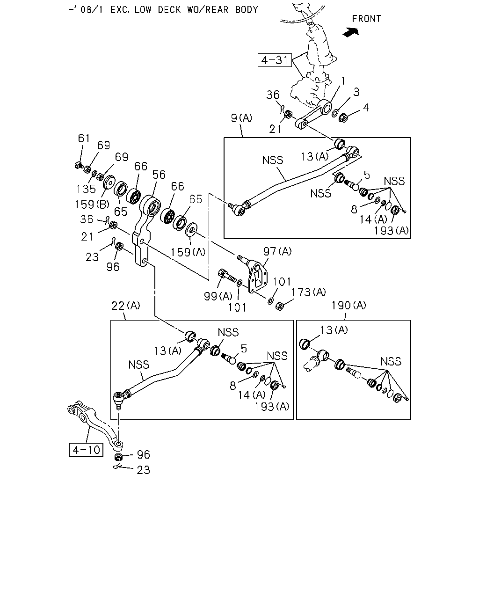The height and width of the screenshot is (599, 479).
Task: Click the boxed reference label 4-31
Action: click(x=275, y=60)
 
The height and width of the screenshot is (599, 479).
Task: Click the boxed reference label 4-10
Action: click(x=86, y=450)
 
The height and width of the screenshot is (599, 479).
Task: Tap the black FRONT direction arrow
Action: click(x=351, y=32)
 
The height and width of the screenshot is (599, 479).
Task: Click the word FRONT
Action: click(x=366, y=19)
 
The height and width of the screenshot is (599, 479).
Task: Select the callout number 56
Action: click(x=159, y=175)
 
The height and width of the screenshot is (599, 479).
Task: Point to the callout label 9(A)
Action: click(x=241, y=118)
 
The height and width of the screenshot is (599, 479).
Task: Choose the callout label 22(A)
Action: click(x=126, y=306)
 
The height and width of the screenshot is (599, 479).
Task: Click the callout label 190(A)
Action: click(x=349, y=305)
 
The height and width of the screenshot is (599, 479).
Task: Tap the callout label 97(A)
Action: click(x=277, y=251)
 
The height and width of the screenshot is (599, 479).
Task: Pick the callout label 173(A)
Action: click(x=308, y=292)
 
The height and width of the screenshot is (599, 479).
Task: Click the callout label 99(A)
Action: click(x=218, y=296)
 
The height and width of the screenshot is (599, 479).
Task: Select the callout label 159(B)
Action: click(x=92, y=205)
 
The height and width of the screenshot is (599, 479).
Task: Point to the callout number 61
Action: click(x=84, y=138)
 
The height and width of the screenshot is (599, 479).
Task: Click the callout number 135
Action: click(x=86, y=189)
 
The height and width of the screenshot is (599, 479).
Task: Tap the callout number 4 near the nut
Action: click(x=366, y=108)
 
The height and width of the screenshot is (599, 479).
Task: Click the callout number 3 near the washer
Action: click(x=356, y=92)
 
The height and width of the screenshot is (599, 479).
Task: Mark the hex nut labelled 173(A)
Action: click(x=279, y=307)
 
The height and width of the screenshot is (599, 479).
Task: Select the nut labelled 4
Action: click(x=344, y=117)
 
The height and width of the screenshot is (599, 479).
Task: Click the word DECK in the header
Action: click(x=169, y=10)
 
